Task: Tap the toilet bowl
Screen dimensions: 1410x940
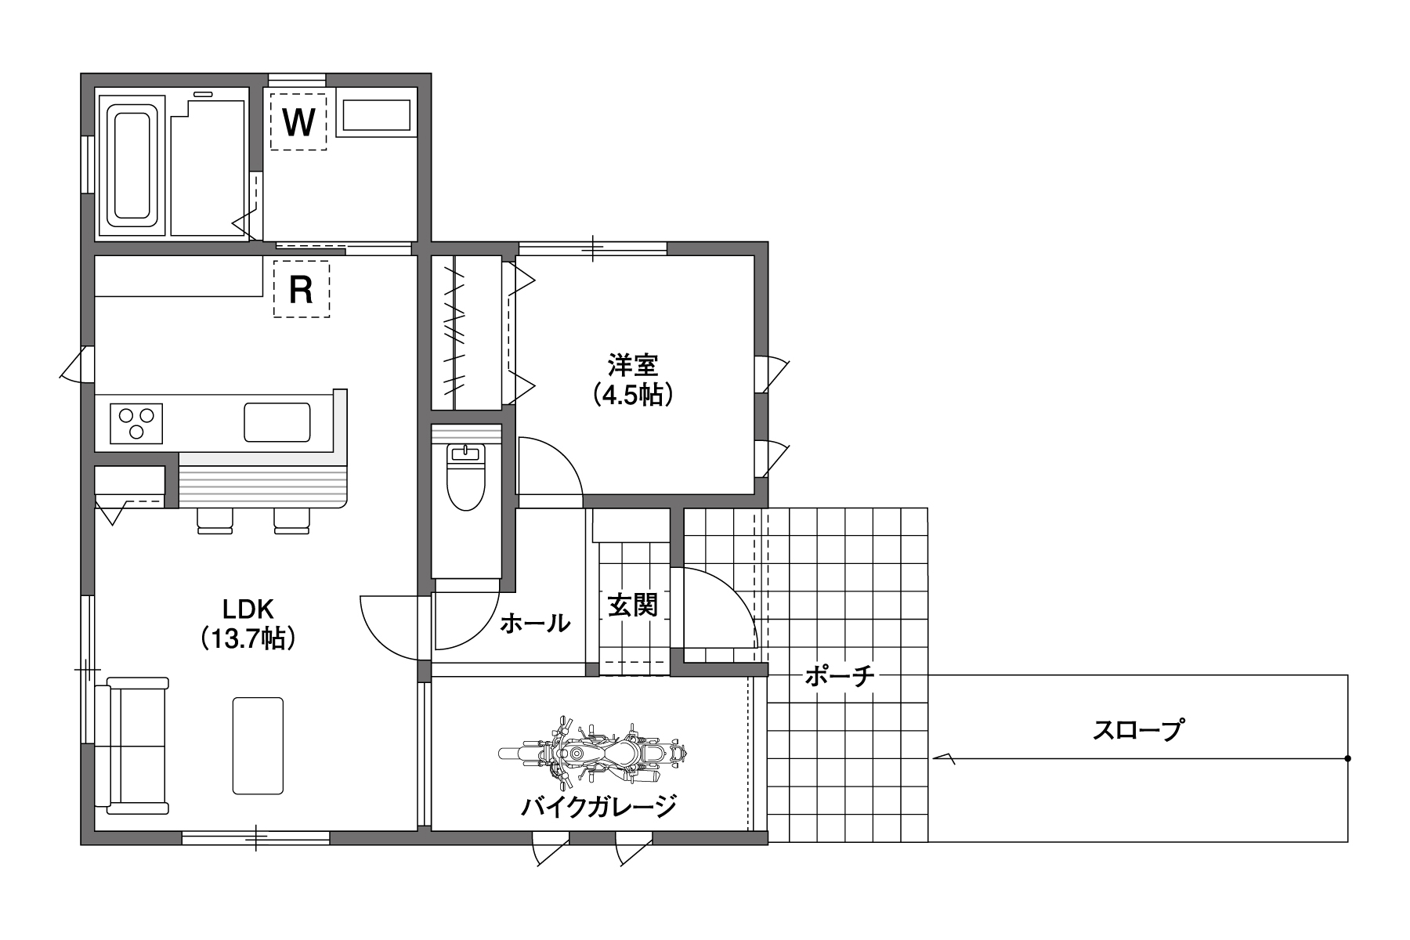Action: (x=465, y=477)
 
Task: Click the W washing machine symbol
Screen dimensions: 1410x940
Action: (x=298, y=121)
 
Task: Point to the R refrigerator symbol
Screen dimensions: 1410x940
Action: (x=302, y=289)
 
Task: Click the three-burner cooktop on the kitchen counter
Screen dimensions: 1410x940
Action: (x=136, y=424)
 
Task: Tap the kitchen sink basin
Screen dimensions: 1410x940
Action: (x=277, y=422)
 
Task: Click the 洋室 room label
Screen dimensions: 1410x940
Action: (x=633, y=365)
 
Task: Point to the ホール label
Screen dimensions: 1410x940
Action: (x=535, y=624)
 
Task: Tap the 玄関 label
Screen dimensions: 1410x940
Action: (x=633, y=605)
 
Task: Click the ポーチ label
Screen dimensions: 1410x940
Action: (x=839, y=675)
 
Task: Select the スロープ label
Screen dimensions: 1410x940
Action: (x=1137, y=730)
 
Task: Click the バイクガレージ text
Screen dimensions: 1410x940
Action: (x=598, y=806)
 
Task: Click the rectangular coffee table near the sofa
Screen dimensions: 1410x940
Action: (x=258, y=746)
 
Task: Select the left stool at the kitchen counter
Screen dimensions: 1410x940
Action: (x=215, y=521)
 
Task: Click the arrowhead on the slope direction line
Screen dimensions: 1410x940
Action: (x=943, y=758)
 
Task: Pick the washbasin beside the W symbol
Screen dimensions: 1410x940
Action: (x=377, y=116)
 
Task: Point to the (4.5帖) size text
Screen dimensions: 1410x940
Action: (x=633, y=394)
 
